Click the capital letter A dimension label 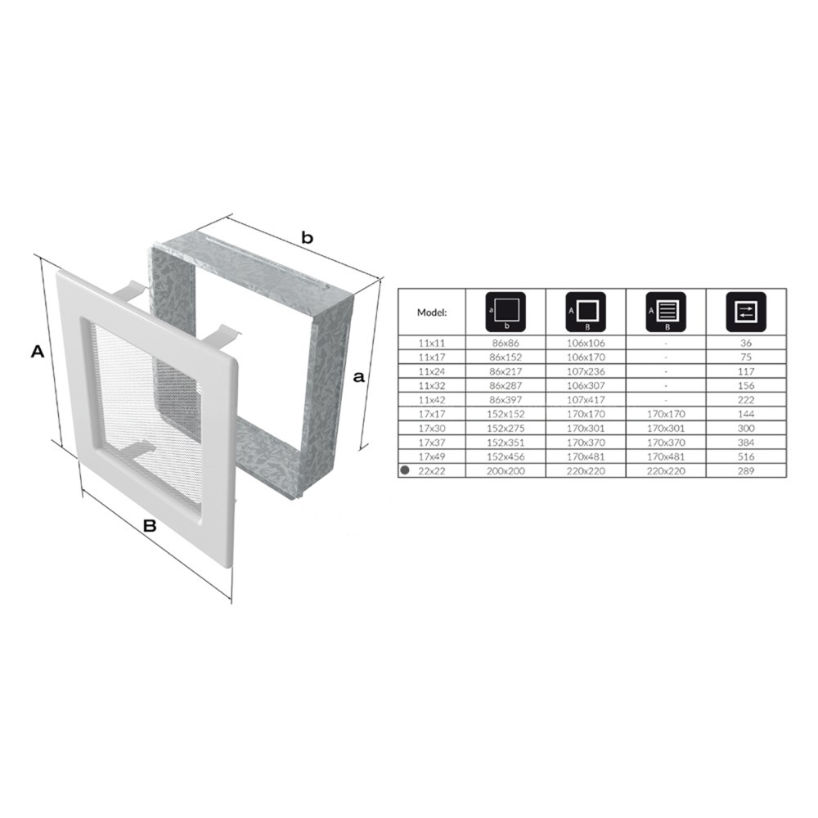tap(38, 351)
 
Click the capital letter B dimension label tap(150, 526)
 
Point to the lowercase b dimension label tap(308, 238)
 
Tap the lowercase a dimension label tap(358, 376)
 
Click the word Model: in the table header tap(431, 313)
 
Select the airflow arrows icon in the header tap(746, 312)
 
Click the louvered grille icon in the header tap(666, 312)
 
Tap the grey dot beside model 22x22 tap(405, 470)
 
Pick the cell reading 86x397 tap(506, 400)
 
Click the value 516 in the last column tap(747, 457)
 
